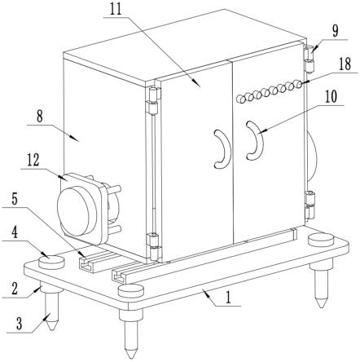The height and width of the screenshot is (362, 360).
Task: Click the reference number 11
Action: (x=117, y=9)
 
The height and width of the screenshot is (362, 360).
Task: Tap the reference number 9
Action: (x=336, y=31)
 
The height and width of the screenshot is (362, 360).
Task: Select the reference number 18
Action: (x=345, y=64)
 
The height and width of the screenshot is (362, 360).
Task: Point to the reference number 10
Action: (x=331, y=97)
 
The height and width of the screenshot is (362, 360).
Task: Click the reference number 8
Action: (x=40, y=117)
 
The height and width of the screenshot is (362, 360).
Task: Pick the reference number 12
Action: (x=33, y=160)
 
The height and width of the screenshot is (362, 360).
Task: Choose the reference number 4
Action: (x=14, y=232)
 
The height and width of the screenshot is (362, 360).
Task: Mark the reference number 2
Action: (x=14, y=289)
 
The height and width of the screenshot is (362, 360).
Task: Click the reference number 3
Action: (x=20, y=324)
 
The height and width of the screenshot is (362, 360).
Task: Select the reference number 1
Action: (x=228, y=298)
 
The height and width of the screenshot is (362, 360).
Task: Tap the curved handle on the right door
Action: (x=255, y=140)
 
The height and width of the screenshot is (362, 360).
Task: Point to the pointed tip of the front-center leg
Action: (x=130, y=356)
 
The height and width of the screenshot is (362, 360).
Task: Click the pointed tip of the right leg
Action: (x=322, y=307)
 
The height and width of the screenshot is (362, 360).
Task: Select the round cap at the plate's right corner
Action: (x=321, y=240)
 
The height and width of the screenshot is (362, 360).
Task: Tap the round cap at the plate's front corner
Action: (x=131, y=291)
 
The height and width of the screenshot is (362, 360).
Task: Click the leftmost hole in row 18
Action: (x=241, y=99)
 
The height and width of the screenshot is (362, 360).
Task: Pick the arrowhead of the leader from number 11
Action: (x=198, y=83)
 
